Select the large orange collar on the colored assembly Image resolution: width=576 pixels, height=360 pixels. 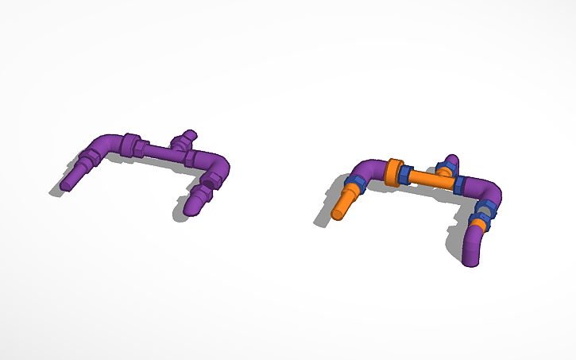[x=392, y=172]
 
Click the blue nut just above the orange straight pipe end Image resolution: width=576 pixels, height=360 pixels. [x=355, y=185]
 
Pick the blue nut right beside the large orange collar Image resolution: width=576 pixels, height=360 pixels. [x=406, y=174]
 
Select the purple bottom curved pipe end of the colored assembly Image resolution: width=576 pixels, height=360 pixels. [x=472, y=247]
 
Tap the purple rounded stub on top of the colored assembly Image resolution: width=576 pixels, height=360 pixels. [x=450, y=161]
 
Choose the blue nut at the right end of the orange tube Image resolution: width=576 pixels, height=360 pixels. [x=458, y=185]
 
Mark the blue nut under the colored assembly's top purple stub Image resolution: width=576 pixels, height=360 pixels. [x=445, y=169]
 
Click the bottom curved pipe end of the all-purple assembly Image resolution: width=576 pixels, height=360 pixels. [x=193, y=203]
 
